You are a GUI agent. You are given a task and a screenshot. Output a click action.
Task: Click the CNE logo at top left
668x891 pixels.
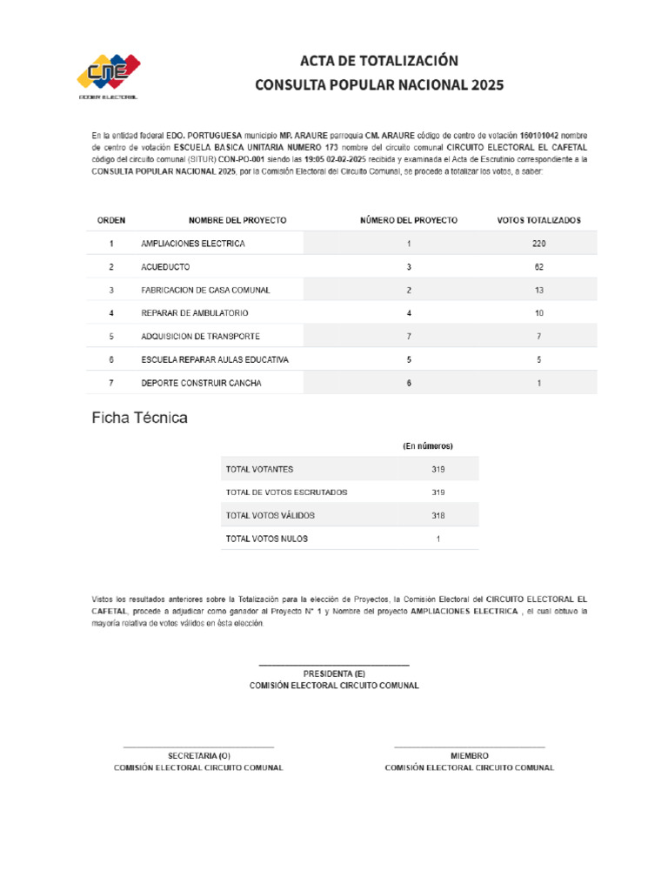pos(109,77)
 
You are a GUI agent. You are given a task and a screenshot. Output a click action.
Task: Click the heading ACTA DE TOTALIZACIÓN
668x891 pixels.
pos(378,61)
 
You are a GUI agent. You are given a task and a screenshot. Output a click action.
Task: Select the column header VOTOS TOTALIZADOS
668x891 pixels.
pos(538,220)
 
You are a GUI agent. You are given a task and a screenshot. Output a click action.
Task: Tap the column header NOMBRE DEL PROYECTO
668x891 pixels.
pos(237,220)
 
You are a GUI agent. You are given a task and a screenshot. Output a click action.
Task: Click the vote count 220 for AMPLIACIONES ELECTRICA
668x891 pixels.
pos(539,244)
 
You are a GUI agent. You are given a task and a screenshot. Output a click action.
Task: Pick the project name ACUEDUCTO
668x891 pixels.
pos(165,266)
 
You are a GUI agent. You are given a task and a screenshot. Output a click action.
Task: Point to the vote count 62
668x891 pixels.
pos(539,266)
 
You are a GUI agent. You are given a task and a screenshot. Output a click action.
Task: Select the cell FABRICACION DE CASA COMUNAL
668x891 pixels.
pos(205,290)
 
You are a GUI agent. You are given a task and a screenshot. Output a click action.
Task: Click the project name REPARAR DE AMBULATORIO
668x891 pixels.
pos(195,312)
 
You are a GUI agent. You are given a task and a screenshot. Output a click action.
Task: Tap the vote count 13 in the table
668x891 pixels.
pos(539,290)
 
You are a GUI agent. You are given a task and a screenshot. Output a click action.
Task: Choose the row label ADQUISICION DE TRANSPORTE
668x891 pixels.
pos(200,336)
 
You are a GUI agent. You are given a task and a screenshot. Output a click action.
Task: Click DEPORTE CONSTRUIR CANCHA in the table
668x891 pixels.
pos(201,383)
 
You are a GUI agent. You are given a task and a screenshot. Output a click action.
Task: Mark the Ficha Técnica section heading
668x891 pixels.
pos(140,419)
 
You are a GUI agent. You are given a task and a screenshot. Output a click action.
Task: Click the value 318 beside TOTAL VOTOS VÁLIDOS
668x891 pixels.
pos(438,516)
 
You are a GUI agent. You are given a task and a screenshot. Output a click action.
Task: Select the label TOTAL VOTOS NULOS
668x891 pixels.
pos(267,539)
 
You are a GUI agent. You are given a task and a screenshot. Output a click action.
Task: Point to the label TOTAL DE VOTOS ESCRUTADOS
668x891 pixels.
pos(286,492)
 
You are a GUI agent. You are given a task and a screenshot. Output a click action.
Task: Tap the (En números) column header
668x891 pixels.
pos(427,446)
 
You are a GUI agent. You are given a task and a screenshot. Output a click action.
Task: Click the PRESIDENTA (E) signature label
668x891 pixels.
pos(334,674)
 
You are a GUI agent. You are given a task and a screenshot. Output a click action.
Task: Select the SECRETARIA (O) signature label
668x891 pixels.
pos(199,756)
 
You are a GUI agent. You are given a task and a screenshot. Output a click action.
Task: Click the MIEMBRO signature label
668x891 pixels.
pos(470,756)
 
